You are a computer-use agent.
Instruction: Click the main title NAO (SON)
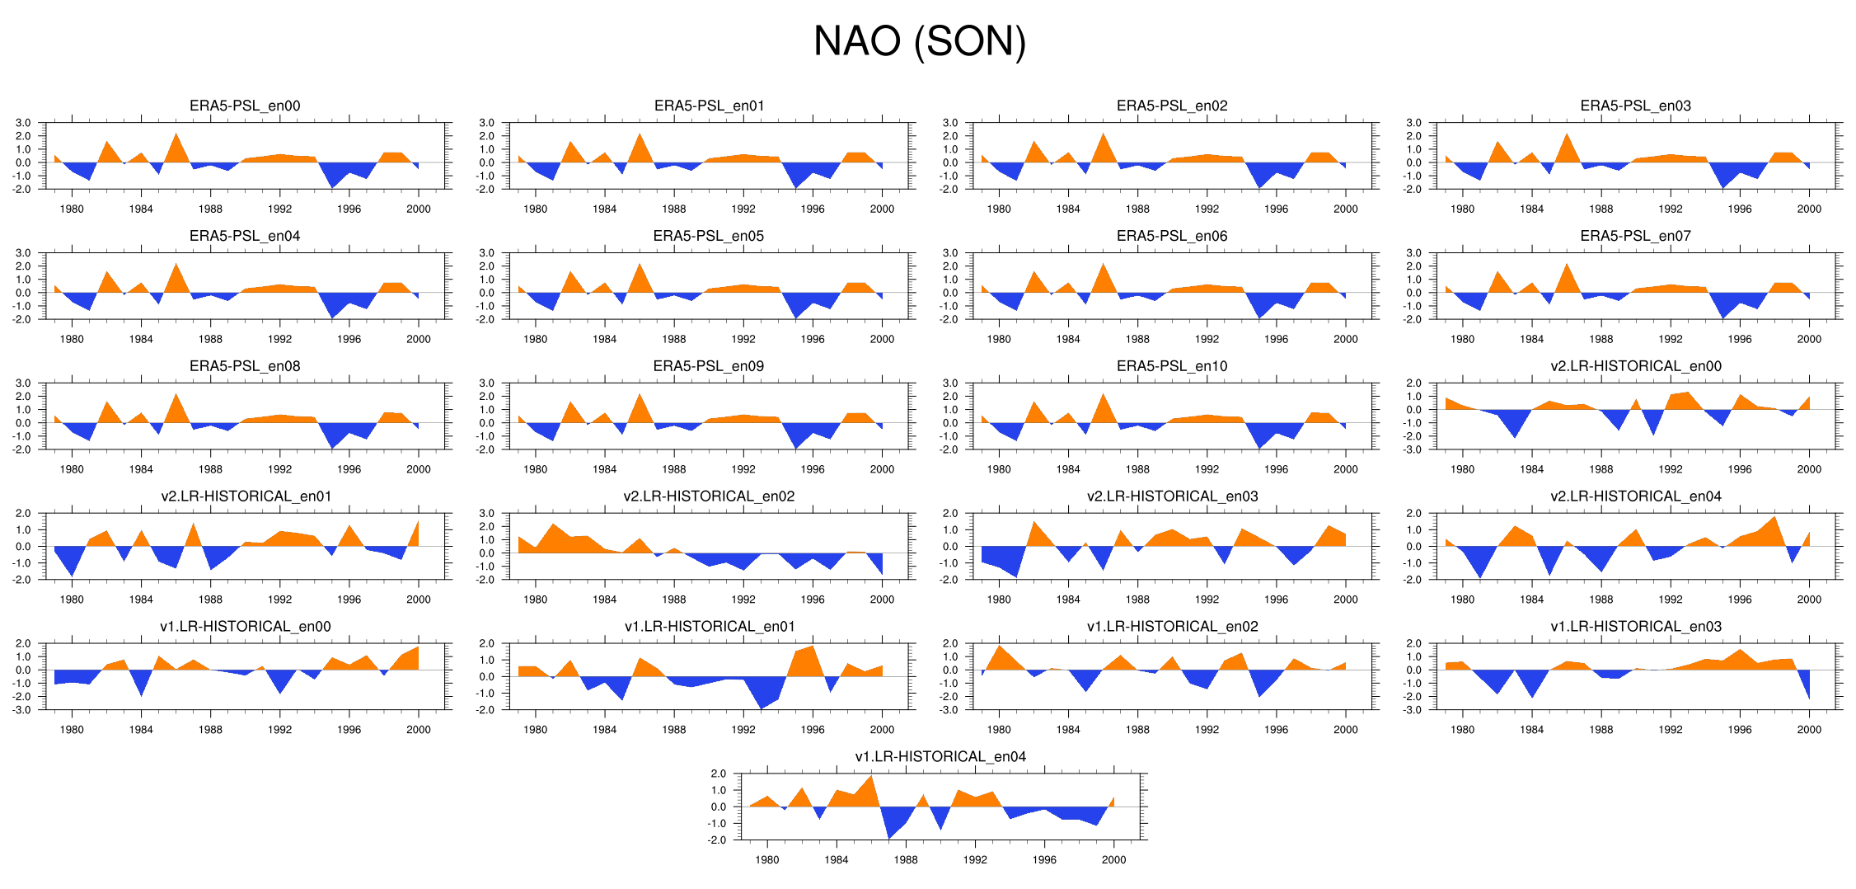click(920, 41)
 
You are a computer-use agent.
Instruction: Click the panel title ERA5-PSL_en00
click(245, 106)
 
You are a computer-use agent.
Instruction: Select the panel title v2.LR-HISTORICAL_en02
click(709, 496)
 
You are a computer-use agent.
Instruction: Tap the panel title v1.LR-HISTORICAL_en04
click(940, 756)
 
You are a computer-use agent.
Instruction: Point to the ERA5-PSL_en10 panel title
click(1172, 366)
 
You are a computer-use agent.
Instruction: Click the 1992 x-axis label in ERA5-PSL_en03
click(1671, 209)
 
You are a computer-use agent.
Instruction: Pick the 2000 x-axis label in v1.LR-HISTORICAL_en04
click(1113, 860)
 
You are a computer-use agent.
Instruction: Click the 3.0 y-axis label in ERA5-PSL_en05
click(487, 253)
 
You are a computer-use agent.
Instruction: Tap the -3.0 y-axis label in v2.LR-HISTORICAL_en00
click(1413, 449)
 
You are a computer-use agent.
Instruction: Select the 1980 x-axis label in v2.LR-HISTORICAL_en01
click(72, 600)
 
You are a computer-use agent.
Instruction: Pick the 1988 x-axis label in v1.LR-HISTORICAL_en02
click(1137, 730)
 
